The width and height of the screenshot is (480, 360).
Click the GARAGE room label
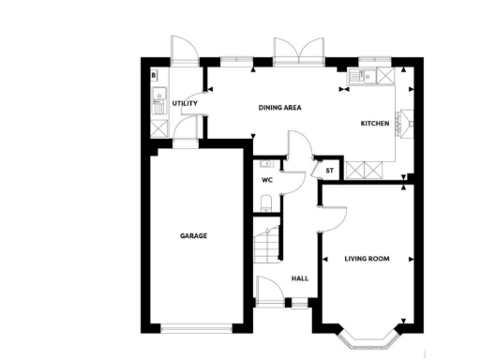(194, 235)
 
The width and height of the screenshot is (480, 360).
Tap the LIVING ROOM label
(367, 258)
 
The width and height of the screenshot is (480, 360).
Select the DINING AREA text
(279, 108)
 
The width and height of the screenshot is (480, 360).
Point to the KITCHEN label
(376, 123)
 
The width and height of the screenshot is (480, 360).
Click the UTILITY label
(185, 103)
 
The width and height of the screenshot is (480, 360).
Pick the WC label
(266, 179)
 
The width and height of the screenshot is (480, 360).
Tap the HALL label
(300, 278)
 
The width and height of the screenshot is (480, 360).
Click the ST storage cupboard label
(330, 171)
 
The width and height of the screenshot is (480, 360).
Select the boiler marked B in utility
(155, 74)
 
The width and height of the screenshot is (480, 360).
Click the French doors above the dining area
(298, 52)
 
